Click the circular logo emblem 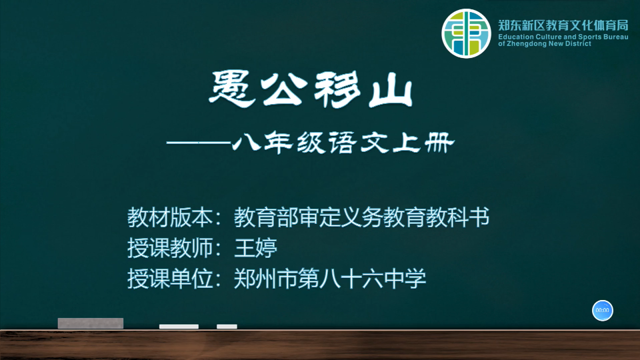(466, 33)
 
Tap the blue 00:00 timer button (603, 310)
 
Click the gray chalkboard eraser (91, 323)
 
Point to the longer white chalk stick (179, 327)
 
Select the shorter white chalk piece (227, 327)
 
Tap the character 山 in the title (391, 91)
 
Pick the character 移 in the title (337, 90)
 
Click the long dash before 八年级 (199, 143)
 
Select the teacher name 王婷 (256, 248)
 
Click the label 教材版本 (170, 217)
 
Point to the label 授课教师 (170, 248)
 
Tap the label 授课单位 (170, 279)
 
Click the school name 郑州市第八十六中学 (330, 279)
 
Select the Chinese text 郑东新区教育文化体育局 (563, 25)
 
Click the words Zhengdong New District (549, 44)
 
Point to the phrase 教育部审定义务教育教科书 (361, 217)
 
